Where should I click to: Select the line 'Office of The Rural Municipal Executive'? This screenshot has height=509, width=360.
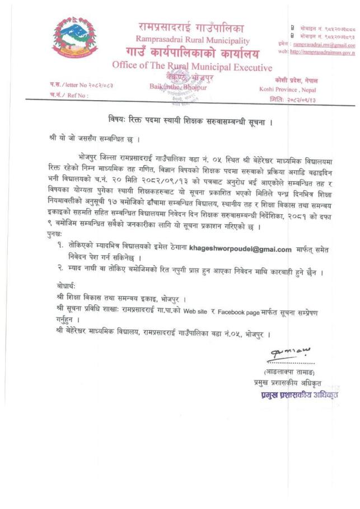(x=192, y=66)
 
